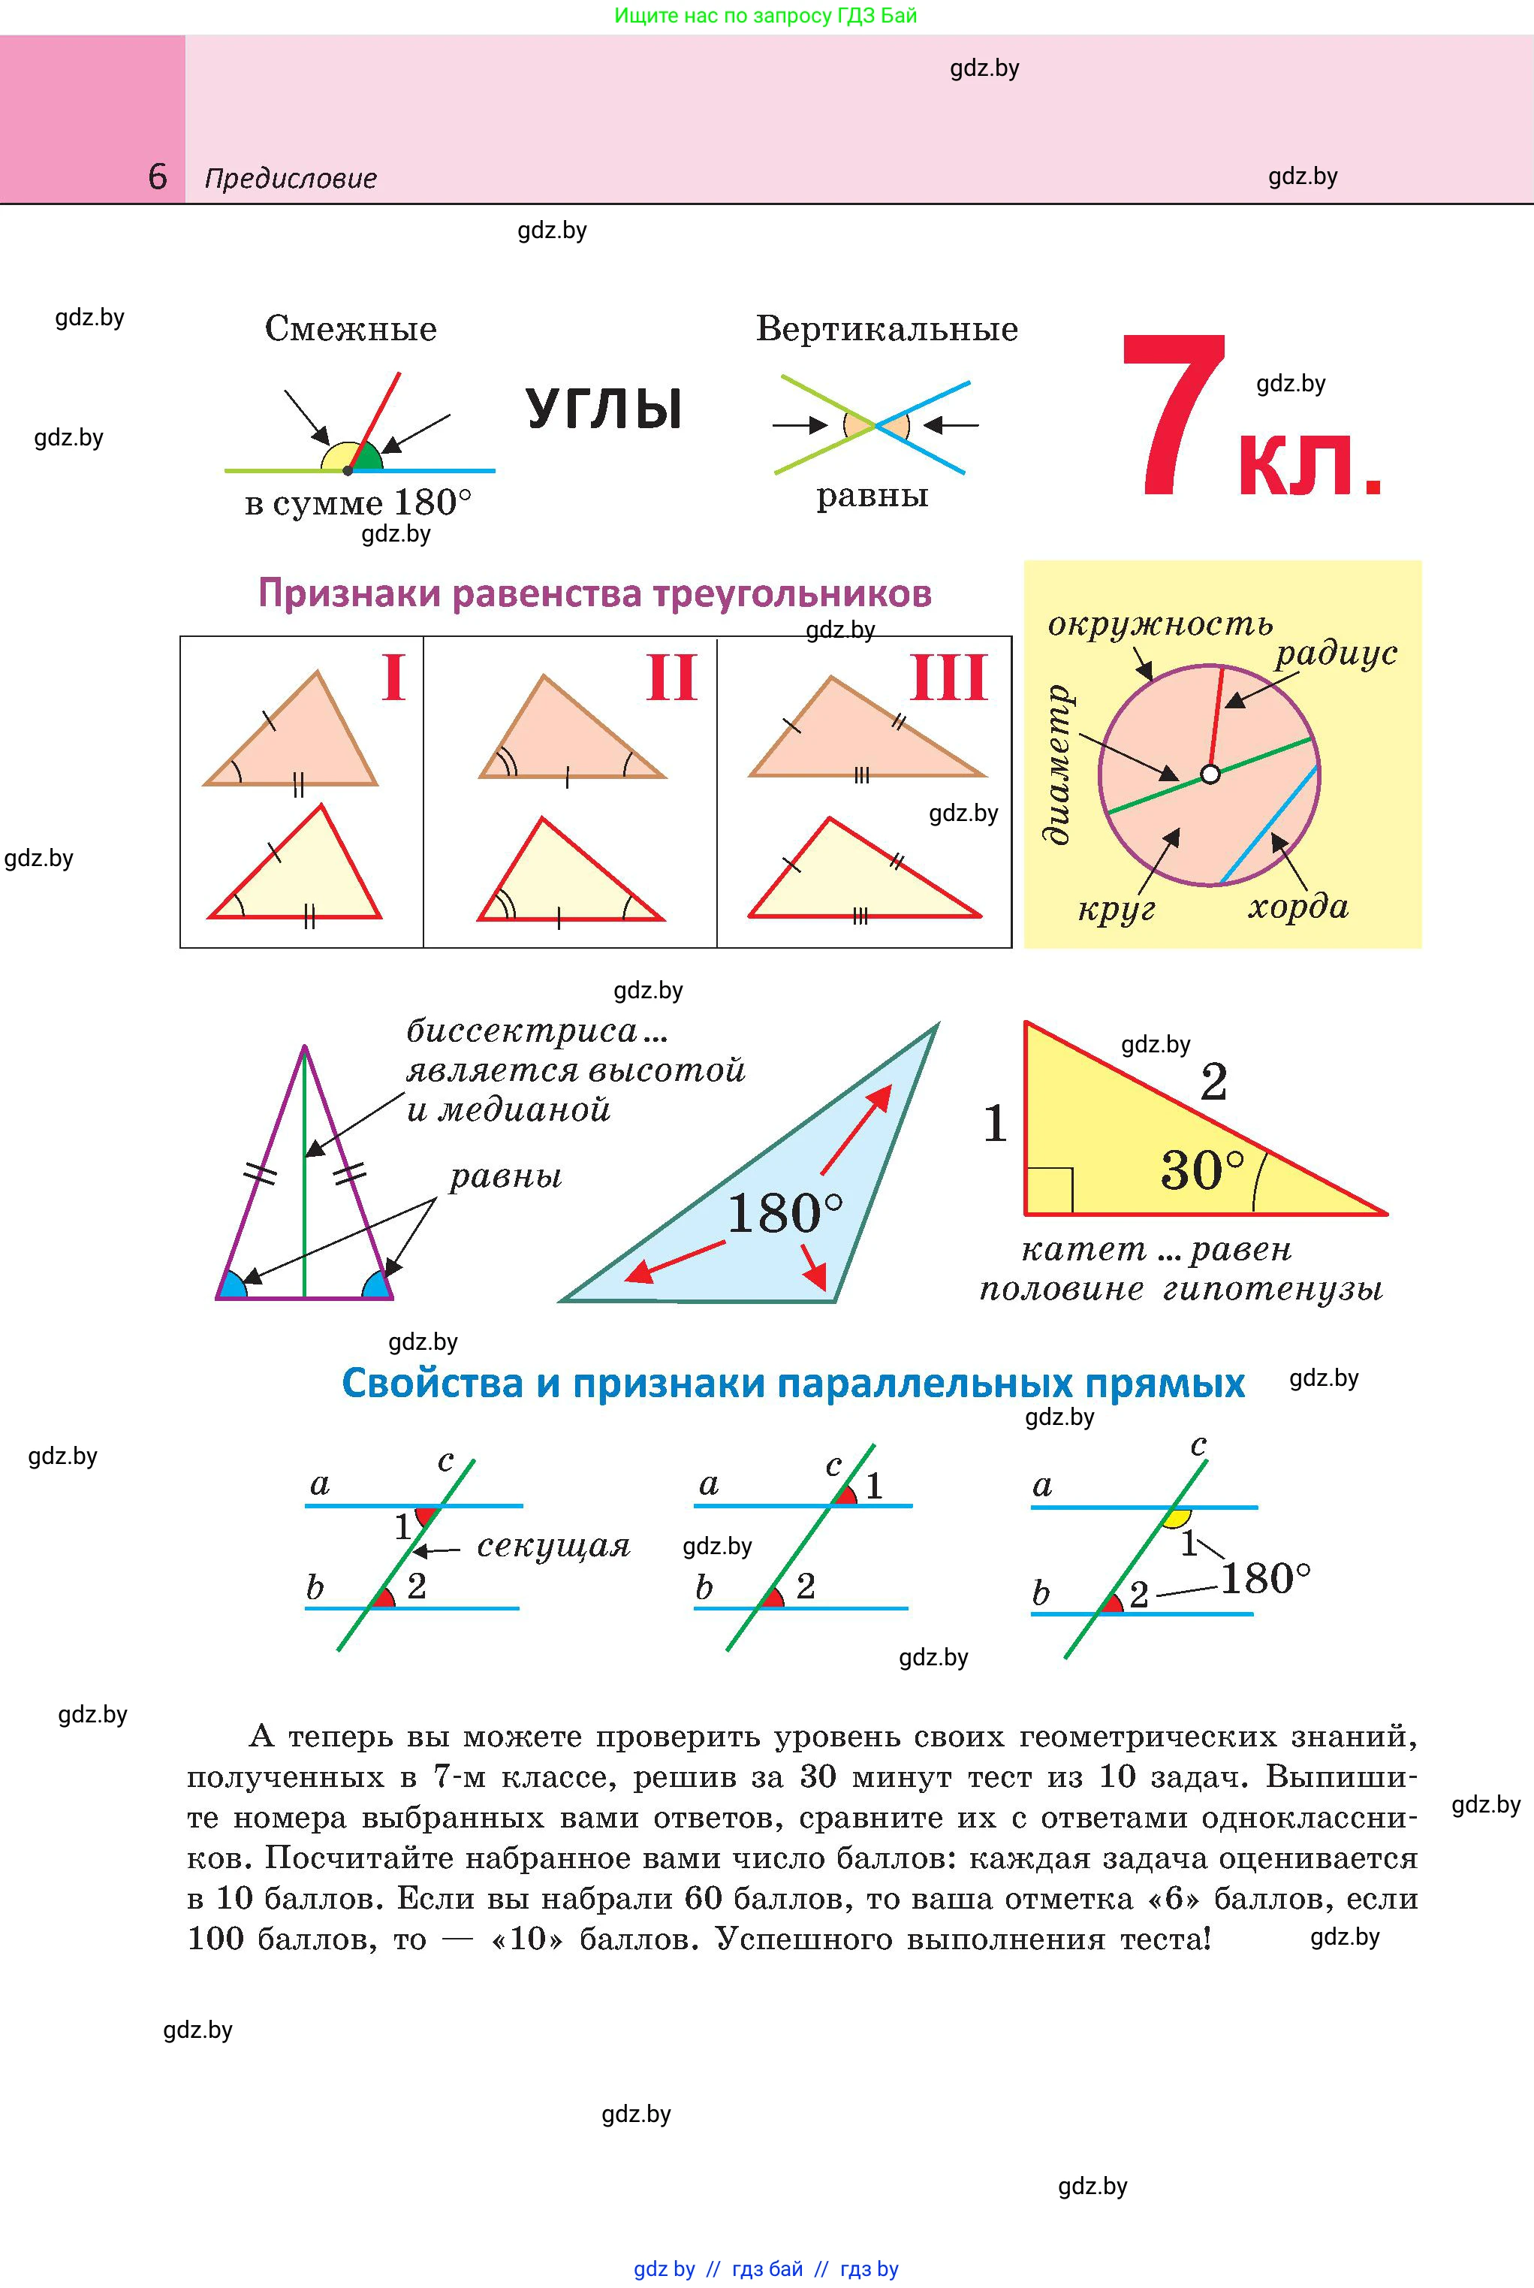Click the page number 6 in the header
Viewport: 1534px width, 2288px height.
tap(158, 177)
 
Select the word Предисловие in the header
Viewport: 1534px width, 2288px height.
tap(291, 179)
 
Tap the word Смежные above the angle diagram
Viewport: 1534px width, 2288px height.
tap(350, 329)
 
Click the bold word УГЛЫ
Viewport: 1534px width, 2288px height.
tap(604, 409)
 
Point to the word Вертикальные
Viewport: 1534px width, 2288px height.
tap(886, 329)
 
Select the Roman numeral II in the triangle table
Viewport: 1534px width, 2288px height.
tap(671, 678)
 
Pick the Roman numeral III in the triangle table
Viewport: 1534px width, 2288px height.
tap(949, 678)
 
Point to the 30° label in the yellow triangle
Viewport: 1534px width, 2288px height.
tap(1202, 1170)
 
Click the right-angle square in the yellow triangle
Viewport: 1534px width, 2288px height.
tap(1050, 1190)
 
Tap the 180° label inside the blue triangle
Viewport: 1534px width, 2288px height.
tap(785, 1214)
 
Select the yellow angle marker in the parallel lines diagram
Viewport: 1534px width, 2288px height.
tap(1177, 1519)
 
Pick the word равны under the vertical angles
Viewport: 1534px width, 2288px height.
tap(872, 497)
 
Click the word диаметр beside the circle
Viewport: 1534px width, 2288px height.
tap(1059, 763)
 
